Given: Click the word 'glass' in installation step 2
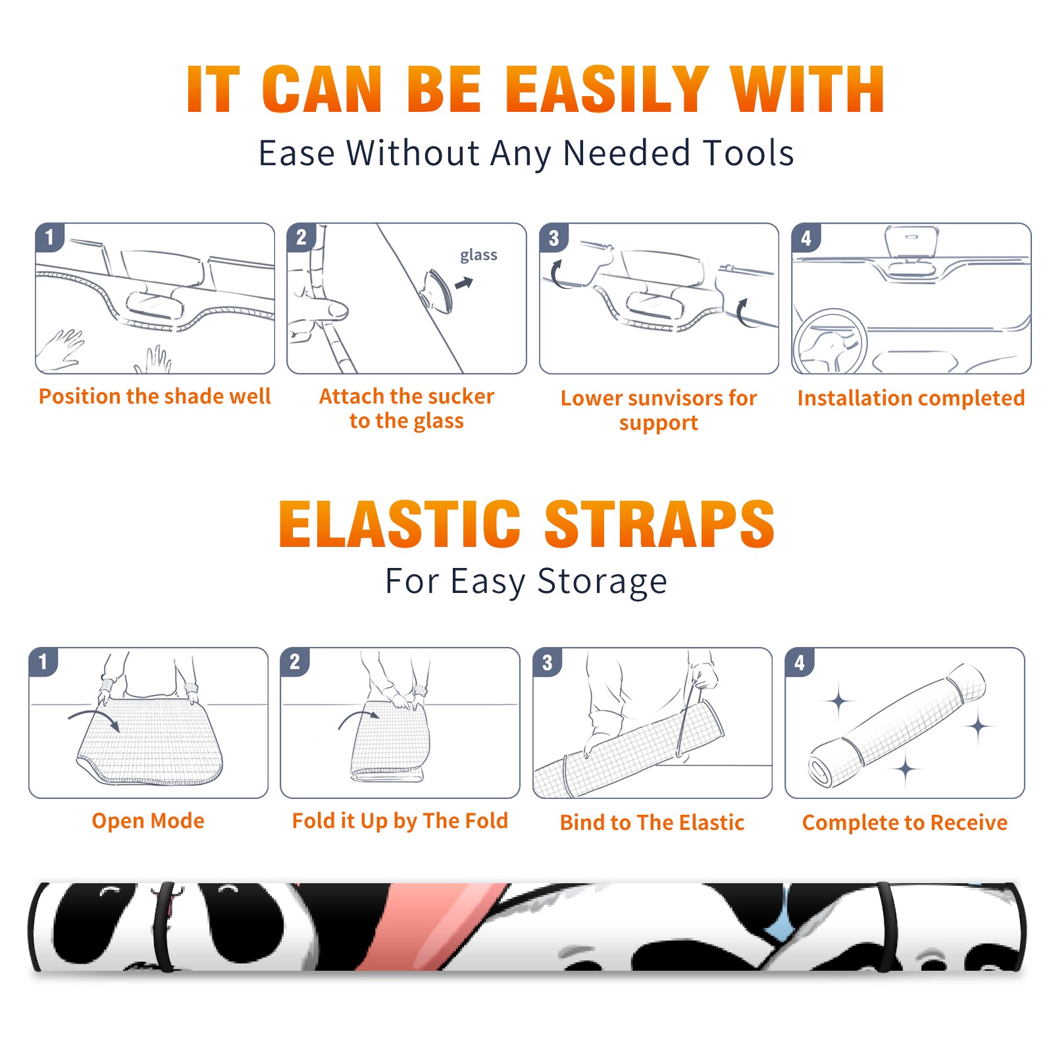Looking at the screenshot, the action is point(478,255).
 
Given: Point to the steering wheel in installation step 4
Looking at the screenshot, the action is point(830,342).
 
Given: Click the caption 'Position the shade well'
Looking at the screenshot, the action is point(155,396).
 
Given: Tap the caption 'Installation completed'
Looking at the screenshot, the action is point(911,398).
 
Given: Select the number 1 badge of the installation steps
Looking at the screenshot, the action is point(49,237).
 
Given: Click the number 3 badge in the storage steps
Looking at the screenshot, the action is point(547,662).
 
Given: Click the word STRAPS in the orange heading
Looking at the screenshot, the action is point(659,524).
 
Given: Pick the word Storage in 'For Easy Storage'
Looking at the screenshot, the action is point(602,582).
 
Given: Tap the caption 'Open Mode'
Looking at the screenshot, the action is point(148,821).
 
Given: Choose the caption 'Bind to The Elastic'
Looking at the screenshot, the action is point(652,823).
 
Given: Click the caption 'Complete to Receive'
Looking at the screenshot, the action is point(905,823).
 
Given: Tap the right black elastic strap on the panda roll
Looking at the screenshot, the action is point(886,927).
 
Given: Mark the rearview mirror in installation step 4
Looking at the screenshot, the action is point(912,242).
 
